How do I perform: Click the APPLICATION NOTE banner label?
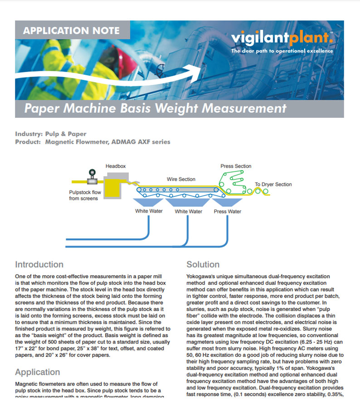point(72,31)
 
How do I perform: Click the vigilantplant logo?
point(282,39)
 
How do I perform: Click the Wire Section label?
point(181,179)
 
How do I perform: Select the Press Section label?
point(236,166)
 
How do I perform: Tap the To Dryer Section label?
point(273,184)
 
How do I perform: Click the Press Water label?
point(227,212)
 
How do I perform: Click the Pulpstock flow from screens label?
point(83,195)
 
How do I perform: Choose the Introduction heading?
point(39,264)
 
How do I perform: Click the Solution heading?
point(203,264)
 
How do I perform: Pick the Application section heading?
point(38,372)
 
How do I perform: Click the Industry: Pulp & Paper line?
point(51,134)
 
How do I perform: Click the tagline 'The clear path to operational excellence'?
point(282,51)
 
